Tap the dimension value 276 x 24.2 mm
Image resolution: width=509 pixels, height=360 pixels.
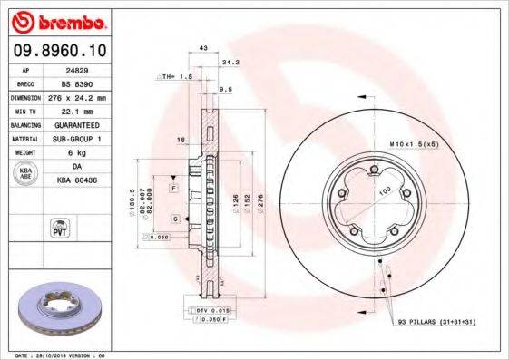click(83, 96)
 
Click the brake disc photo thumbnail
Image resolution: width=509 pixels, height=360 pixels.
click(63, 308)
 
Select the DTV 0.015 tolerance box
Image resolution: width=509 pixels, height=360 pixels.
click(210, 310)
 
